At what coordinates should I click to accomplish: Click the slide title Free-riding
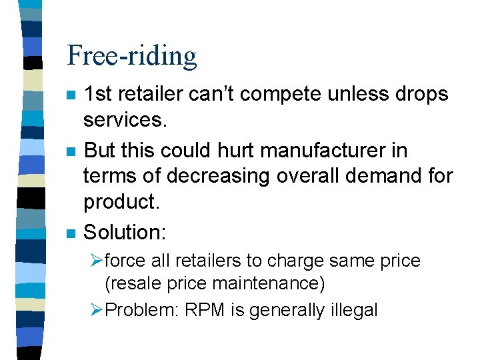[x=132, y=56]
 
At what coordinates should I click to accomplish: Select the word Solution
[x=124, y=232]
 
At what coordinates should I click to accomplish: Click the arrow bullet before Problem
[x=97, y=310]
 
